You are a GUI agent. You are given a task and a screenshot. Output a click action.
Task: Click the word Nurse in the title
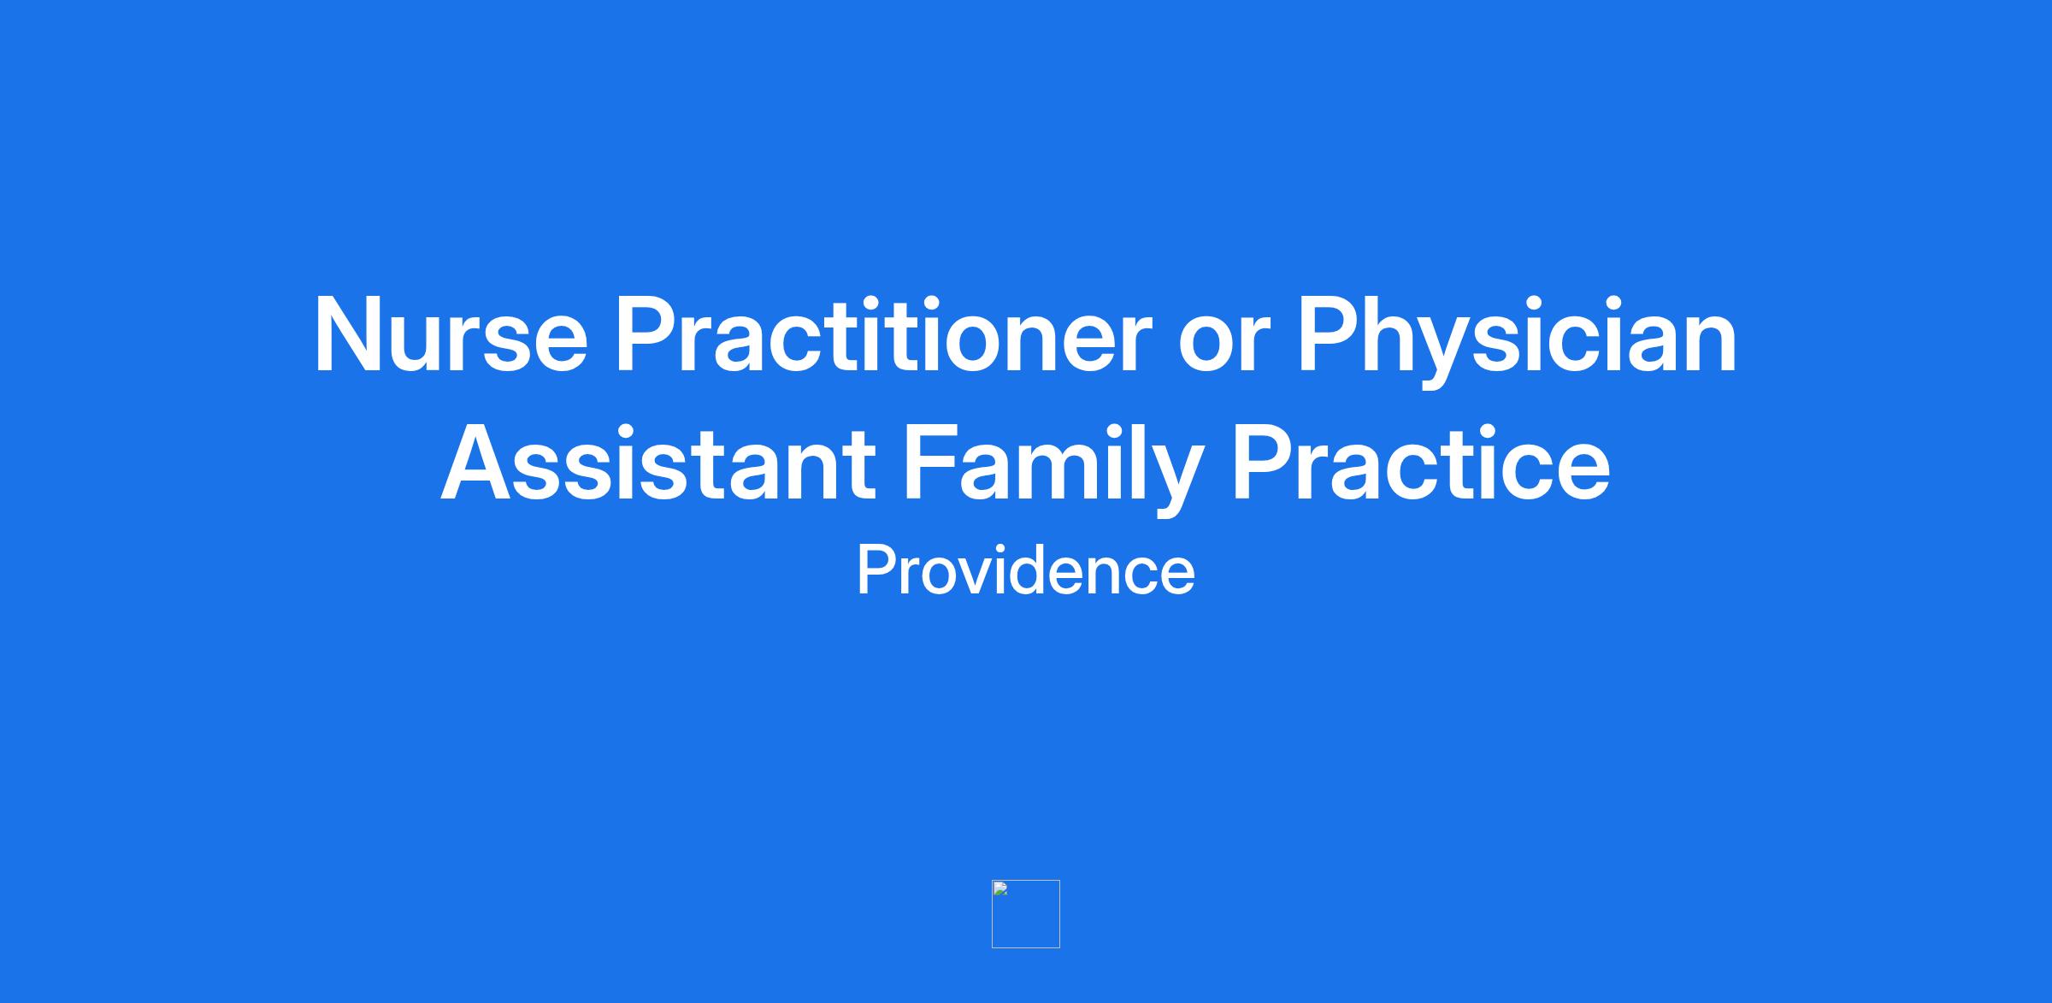tap(451, 335)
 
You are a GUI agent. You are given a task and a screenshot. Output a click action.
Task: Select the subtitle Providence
tap(1026, 570)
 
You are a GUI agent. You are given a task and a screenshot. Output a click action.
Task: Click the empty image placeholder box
tap(1026, 914)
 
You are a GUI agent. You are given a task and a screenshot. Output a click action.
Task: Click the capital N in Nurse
tap(349, 335)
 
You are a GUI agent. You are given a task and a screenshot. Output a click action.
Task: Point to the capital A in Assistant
tap(479, 462)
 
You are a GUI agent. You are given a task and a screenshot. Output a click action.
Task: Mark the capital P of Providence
tap(876, 569)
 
